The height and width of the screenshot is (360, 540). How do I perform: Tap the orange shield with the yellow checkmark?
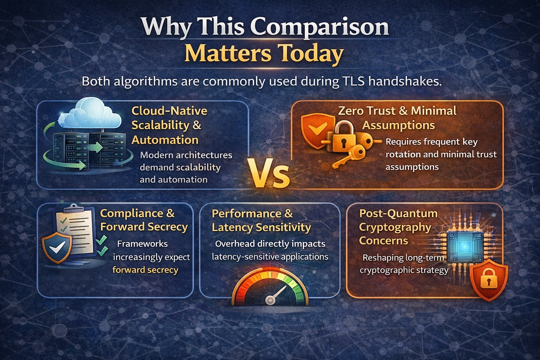(x=313, y=130)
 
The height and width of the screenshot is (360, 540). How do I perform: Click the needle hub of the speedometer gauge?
(x=270, y=300)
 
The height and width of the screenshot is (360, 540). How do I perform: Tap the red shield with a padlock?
(x=489, y=280)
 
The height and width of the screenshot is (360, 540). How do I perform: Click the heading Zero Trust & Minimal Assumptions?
(x=398, y=118)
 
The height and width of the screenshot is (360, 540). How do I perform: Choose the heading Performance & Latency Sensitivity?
(x=261, y=220)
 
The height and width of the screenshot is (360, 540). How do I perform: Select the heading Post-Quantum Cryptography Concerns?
(x=397, y=227)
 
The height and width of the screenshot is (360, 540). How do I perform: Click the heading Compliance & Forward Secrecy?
(x=144, y=220)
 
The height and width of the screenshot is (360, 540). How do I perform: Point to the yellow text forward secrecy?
(x=145, y=270)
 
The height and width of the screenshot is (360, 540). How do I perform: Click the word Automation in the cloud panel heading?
(x=165, y=140)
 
